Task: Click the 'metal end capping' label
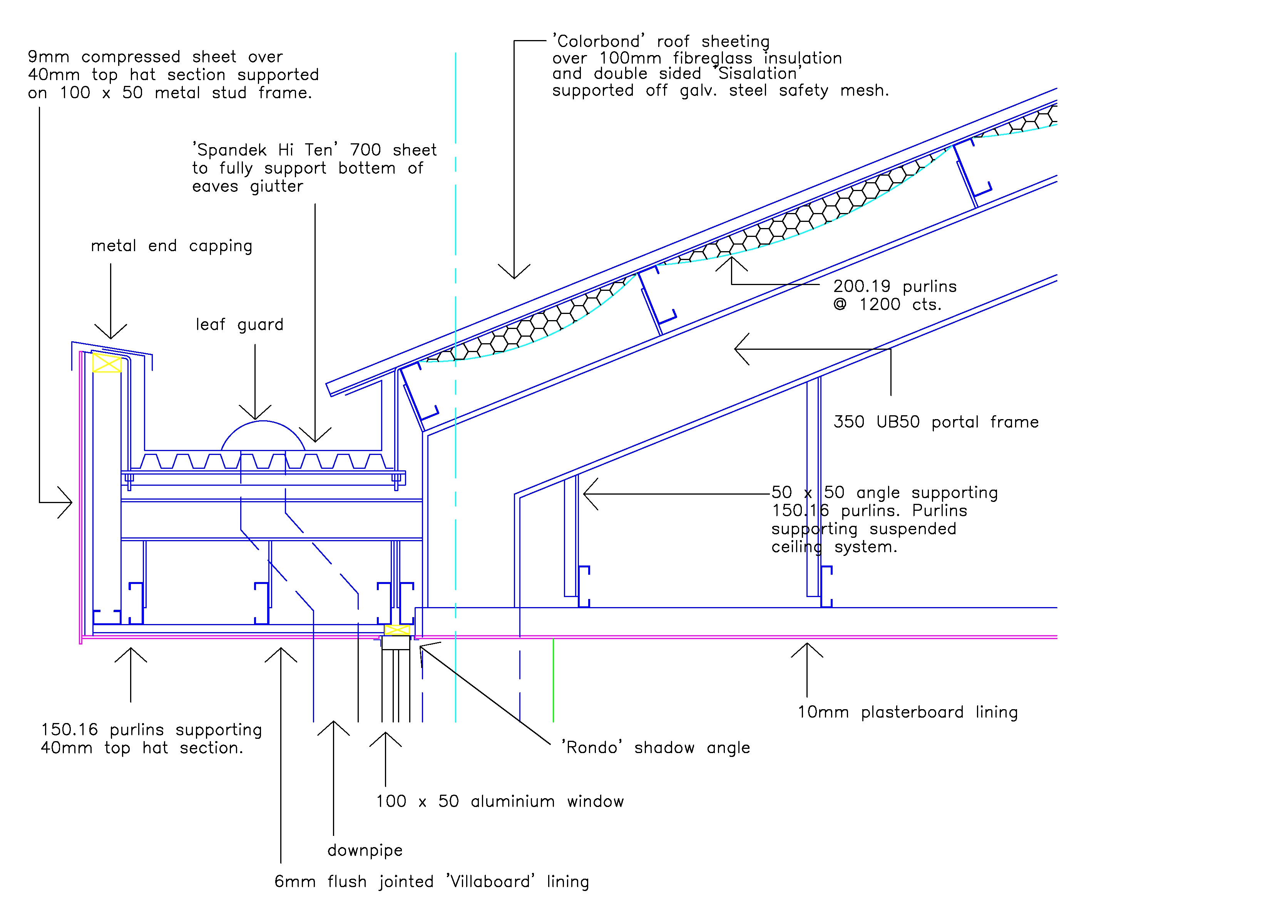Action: (x=171, y=246)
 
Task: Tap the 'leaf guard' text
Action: (x=239, y=325)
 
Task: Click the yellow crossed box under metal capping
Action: (x=107, y=363)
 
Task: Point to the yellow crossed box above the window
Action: (x=397, y=630)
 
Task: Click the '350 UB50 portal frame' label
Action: (x=936, y=422)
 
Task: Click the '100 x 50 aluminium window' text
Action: (x=500, y=802)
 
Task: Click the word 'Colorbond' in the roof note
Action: (x=599, y=41)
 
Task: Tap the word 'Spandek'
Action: (x=229, y=150)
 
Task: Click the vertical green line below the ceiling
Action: (x=553, y=680)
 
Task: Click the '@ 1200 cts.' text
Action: (x=887, y=305)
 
